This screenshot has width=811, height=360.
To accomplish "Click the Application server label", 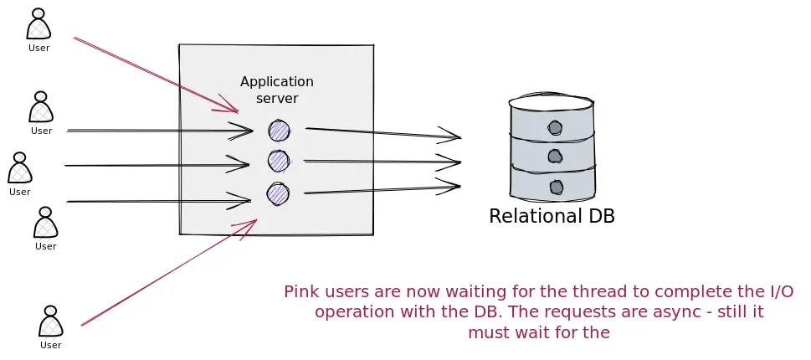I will pos(276,90).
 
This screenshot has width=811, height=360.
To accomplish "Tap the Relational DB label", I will pos(552,216).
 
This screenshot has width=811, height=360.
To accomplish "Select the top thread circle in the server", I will pos(279,131).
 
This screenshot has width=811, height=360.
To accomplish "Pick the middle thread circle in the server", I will pos(278,161).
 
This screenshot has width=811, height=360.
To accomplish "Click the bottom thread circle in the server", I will pos(278,194).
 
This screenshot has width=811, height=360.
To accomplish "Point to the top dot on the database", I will pos(555,128).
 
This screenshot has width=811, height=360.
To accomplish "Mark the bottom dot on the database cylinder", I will pos(555,186).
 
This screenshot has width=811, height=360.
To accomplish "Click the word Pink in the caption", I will pos(300,292).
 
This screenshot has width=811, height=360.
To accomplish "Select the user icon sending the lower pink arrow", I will pos(51,322).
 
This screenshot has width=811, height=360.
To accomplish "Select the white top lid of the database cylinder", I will pos(551,103).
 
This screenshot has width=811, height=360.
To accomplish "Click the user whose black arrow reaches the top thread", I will pos(41,108).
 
